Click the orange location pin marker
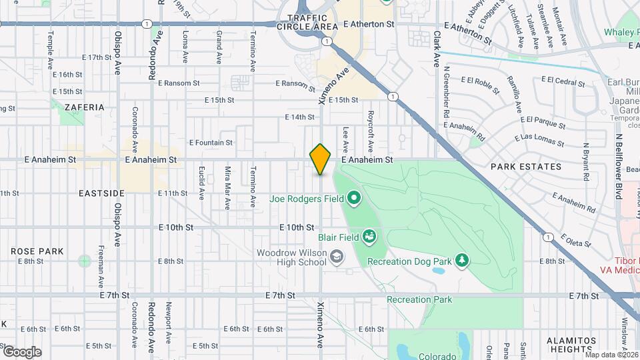click(321, 159)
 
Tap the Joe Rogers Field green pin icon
click(353, 198)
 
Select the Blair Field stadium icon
click(369, 236)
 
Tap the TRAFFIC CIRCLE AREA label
click(312, 22)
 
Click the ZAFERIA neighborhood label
click(85, 107)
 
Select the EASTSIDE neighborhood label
click(101, 193)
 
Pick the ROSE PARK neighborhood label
click(37, 251)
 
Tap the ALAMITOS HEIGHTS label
click(571, 344)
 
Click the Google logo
click(22, 351)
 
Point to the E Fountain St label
click(211, 143)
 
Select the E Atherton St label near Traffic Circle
click(369, 24)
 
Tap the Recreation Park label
click(419, 299)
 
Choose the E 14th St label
click(299, 117)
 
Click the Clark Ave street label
click(437, 48)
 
